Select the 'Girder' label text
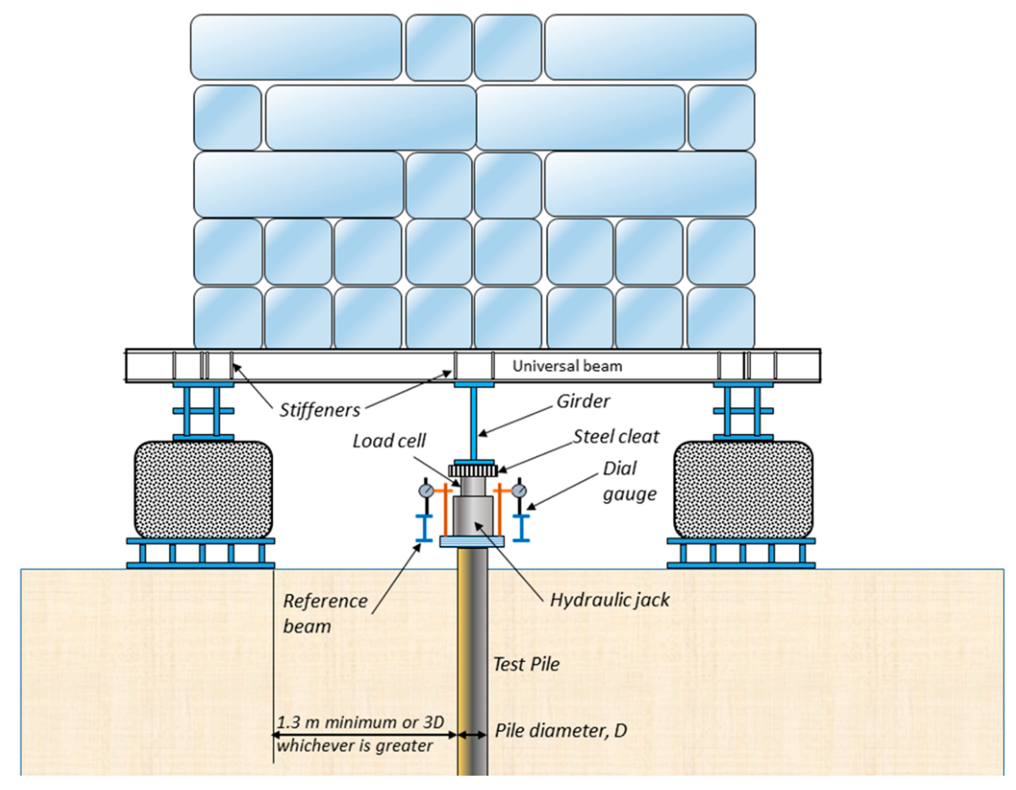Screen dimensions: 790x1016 (583, 401)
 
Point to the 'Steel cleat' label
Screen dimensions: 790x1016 (615, 436)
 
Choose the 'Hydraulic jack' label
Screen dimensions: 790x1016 (609, 600)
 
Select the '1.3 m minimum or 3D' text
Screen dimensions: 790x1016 (361, 723)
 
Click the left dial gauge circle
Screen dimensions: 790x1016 (426, 490)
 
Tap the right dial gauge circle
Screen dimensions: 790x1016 (519, 490)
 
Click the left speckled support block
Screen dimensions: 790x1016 (203, 489)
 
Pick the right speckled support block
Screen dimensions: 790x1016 (743, 489)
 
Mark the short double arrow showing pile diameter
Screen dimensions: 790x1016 (472, 735)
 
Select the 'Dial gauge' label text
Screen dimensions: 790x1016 (629, 481)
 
